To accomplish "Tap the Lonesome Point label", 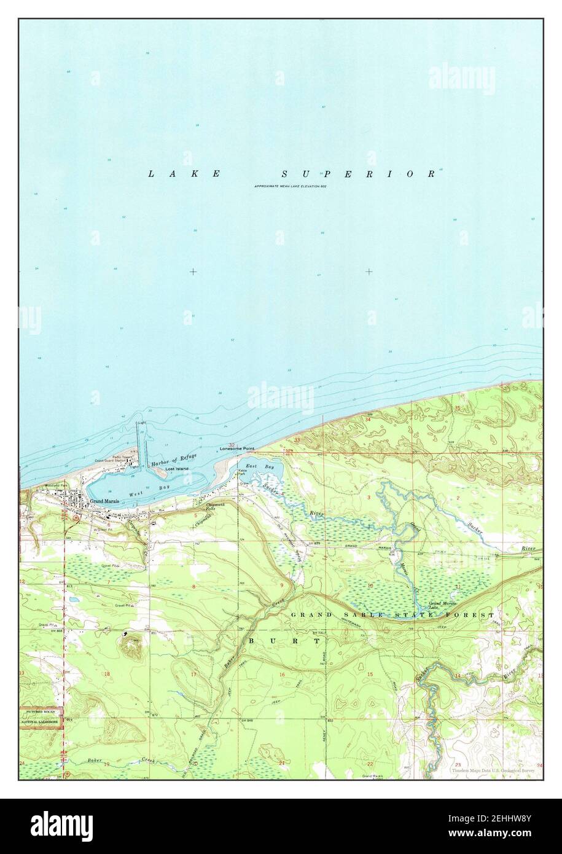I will point(237,450).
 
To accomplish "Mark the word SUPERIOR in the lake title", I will point(359,174).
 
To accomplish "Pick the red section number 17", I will point(194,675).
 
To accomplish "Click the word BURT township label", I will point(284,640).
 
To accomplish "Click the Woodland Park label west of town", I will point(56,485).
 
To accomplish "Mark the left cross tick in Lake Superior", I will point(193,272).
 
